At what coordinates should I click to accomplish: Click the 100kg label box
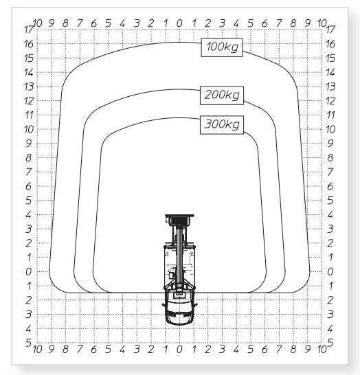[x=222, y=47]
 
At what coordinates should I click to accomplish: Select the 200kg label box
[x=222, y=95]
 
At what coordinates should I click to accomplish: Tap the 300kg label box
[x=222, y=125]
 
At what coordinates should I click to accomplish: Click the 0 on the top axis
[x=179, y=23]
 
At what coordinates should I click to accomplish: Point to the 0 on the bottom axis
[x=179, y=350]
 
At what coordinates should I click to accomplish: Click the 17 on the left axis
[x=29, y=30]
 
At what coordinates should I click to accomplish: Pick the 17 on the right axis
[x=330, y=30]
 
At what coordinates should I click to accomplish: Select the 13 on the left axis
[x=29, y=87]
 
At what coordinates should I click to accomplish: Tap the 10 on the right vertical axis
[x=330, y=129]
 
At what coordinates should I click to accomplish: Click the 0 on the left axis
[x=28, y=272]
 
